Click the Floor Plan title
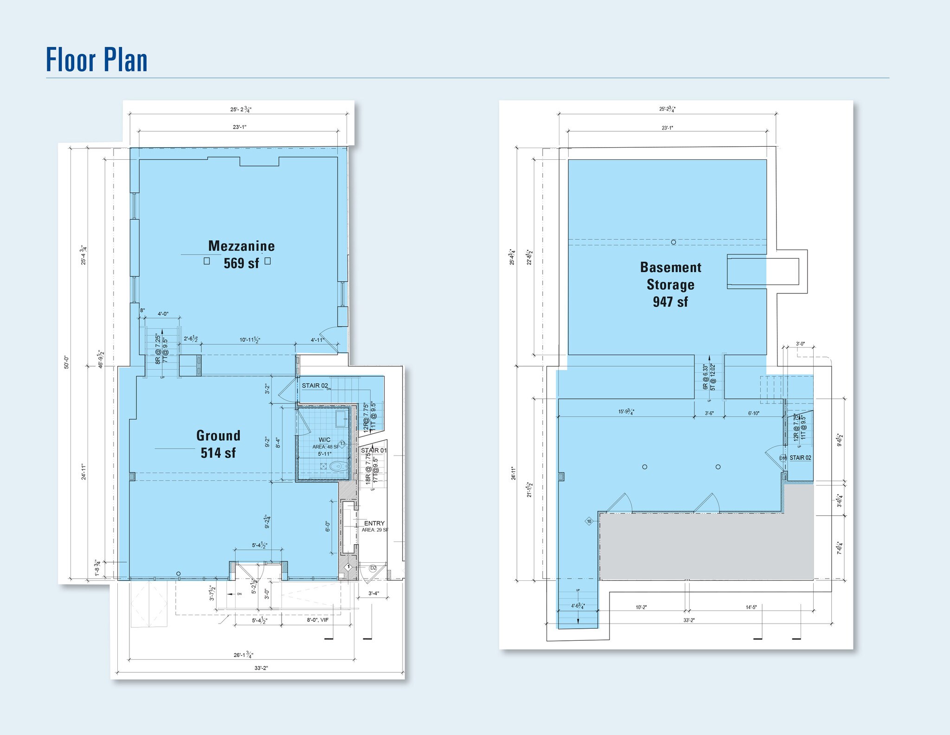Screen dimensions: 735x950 click(x=96, y=60)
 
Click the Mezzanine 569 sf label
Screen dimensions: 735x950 click(x=241, y=254)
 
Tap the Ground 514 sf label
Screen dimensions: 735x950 click(x=218, y=444)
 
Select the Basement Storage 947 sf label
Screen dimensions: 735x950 click(x=670, y=284)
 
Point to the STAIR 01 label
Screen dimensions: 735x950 click(x=373, y=450)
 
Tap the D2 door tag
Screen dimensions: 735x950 click(x=373, y=568)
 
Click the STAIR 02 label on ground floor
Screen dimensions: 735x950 click(x=315, y=385)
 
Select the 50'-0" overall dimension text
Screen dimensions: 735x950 click(x=66, y=362)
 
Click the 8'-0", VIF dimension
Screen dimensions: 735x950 click(x=318, y=620)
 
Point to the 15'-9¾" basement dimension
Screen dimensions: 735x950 click(x=626, y=412)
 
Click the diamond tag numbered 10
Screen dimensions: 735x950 click(x=589, y=521)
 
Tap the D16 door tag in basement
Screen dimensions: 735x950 click(x=783, y=458)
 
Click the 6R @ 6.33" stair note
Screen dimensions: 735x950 click(x=706, y=377)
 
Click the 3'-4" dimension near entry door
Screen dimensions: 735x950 click(x=373, y=593)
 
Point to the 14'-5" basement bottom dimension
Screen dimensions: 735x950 click(x=751, y=607)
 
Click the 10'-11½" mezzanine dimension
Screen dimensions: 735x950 click(x=250, y=340)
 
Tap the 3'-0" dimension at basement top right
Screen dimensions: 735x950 click(x=800, y=344)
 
